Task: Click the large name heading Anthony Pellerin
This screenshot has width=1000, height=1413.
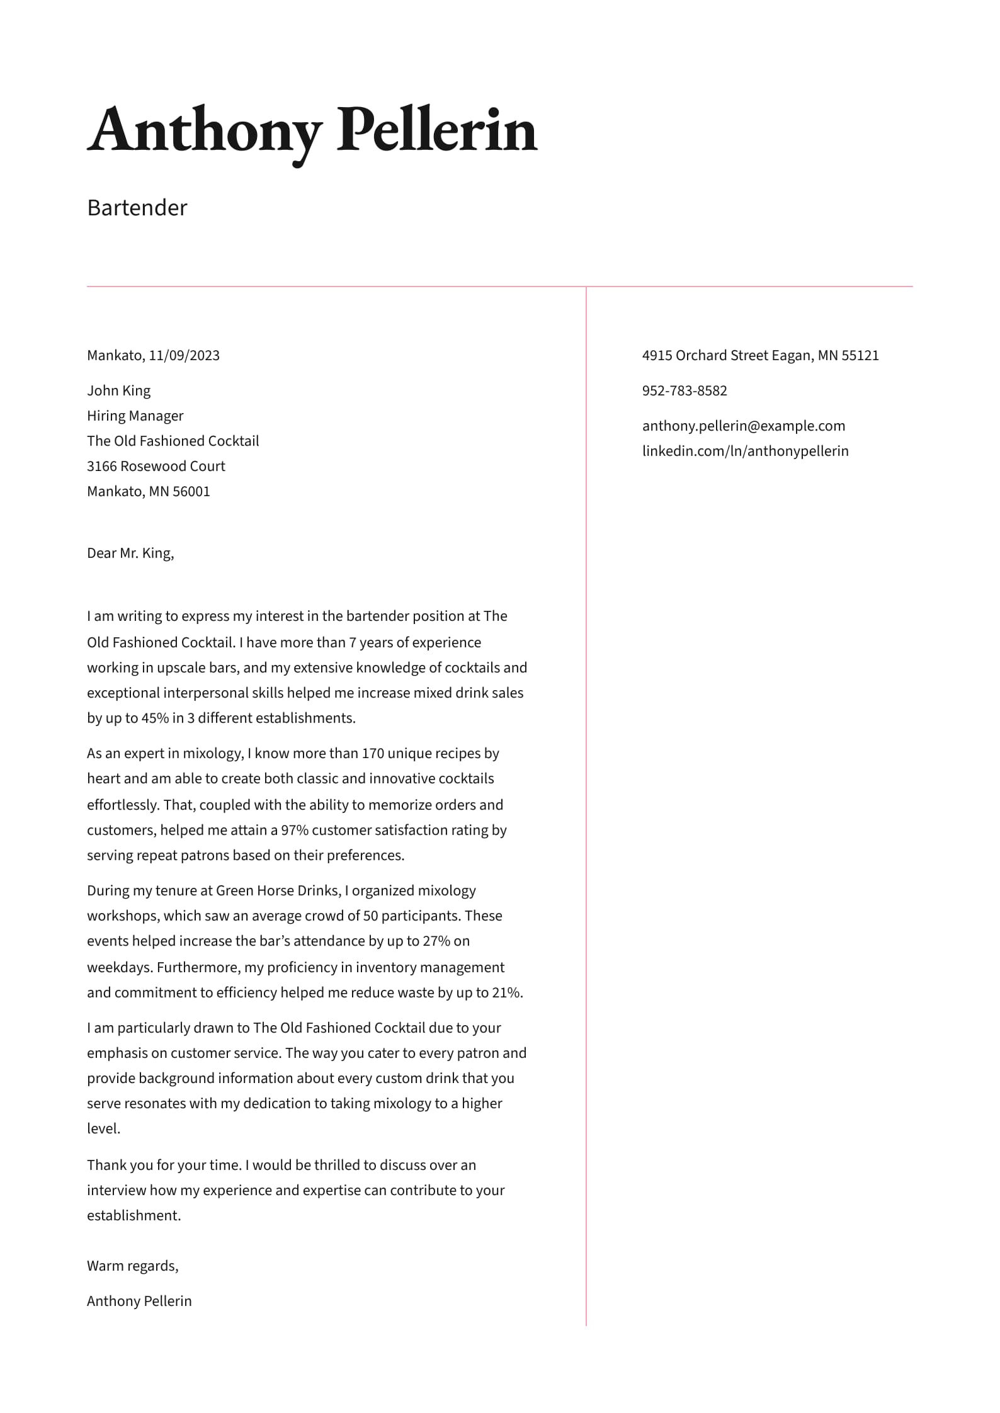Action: coord(312,131)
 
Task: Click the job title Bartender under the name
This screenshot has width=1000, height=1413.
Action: coord(137,208)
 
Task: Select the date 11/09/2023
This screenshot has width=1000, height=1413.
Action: coord(184,356)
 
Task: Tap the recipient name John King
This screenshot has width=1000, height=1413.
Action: coord(118,391)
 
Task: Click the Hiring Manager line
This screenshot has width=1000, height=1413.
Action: coord(135,416)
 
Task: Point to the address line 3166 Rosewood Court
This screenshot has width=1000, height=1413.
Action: coord(156,467)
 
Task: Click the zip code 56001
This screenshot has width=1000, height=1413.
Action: coord(191,492)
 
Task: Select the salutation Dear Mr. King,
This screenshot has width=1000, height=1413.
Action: coord(130,553)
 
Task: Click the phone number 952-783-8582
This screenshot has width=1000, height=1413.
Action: coord(684,391)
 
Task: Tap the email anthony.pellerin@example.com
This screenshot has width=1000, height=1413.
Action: coord(743,426)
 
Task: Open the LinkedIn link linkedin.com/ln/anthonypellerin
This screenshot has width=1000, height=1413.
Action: coord(745,451)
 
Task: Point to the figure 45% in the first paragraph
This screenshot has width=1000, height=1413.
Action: coord(155,718)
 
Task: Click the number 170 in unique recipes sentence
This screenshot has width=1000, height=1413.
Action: coord(373,754)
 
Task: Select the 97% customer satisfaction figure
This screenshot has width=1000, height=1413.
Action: coord(295,831)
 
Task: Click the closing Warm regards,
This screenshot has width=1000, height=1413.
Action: coord(132,1266)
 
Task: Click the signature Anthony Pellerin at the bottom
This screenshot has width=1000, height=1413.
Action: coord(139,1302)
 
